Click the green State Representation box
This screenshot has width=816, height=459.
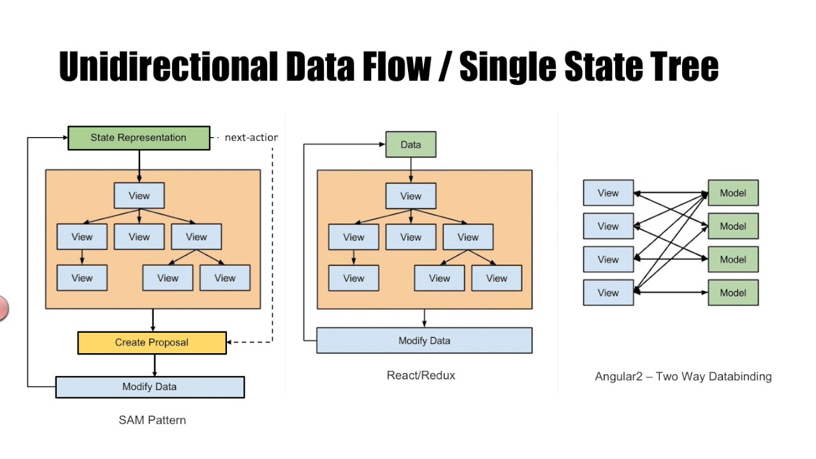tap(139, 138)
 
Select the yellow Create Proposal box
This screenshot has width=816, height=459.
tap(152, 343)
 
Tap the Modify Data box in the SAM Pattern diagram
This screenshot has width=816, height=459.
tap(150, 387)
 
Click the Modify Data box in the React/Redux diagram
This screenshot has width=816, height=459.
tap(424, 340)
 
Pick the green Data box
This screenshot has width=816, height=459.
tap(411, 145)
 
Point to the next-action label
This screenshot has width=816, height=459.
tap(251, 138)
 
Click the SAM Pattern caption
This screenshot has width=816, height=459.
tap(152, 420)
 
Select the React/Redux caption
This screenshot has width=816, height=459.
tap(421, 375)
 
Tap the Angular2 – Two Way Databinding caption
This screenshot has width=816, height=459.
tap(683, 376)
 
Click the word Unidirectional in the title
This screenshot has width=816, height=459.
tap(168, 66)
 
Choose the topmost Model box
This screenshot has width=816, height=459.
tap(733, 193)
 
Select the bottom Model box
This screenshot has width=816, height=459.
tap(733, 293)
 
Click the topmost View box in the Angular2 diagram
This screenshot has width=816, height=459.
tap(608, 193)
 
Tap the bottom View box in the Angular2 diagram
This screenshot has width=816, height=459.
tap(608, 293)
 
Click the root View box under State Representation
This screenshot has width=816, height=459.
tap(139, 196)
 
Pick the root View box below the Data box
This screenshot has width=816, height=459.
tap(411, 196)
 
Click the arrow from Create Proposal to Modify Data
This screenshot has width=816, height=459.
tap(154, 365)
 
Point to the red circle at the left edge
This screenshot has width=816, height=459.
tap(3, 309)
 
